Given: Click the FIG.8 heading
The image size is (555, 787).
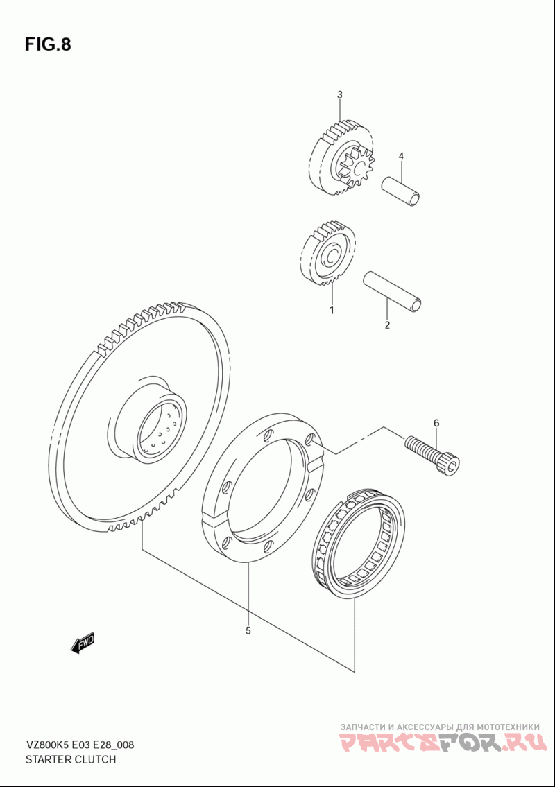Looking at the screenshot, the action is coord(48,44).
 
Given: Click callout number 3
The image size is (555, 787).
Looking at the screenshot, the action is coord(340,94).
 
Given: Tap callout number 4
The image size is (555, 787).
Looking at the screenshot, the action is coord(401,156).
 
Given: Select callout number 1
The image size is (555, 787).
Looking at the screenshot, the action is coord(332,310).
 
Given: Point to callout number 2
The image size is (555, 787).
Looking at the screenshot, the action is coord(387,325).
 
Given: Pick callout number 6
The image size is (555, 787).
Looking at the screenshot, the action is coord(436,422).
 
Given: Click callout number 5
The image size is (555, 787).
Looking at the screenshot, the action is coord(248,630).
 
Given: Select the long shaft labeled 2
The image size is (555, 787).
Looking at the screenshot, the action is coord(393,291).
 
